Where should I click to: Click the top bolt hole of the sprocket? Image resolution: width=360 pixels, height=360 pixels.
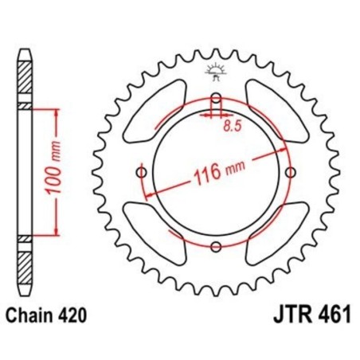point(216,100)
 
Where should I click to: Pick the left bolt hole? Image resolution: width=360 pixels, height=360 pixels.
point(143,174)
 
